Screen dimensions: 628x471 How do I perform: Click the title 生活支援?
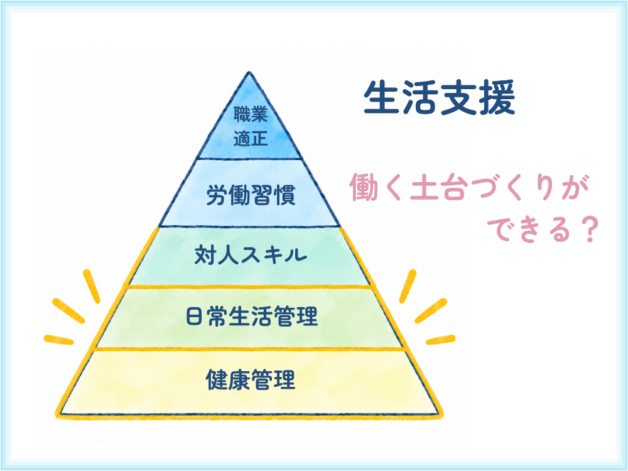440,97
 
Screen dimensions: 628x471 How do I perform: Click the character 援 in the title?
497,97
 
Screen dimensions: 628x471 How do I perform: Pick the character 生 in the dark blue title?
381,97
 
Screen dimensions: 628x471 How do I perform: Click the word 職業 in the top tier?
251,114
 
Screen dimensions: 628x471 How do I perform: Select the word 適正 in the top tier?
251,139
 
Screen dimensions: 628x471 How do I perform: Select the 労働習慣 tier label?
251,195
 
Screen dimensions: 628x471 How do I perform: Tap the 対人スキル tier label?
251,255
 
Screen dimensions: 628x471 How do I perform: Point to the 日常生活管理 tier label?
252,317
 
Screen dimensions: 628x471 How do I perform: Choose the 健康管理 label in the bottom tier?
251,380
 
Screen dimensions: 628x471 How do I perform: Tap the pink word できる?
528,230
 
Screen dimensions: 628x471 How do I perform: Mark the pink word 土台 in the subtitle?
437,187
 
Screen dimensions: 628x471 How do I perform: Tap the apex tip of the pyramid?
249,72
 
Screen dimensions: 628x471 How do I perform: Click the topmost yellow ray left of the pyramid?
91,286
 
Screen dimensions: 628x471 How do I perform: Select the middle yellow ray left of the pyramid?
68,311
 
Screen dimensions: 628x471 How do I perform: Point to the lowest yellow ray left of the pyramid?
59,340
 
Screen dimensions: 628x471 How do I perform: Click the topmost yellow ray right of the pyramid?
408,286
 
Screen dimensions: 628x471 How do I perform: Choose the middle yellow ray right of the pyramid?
431,311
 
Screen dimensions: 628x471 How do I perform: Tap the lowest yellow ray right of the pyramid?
441,340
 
